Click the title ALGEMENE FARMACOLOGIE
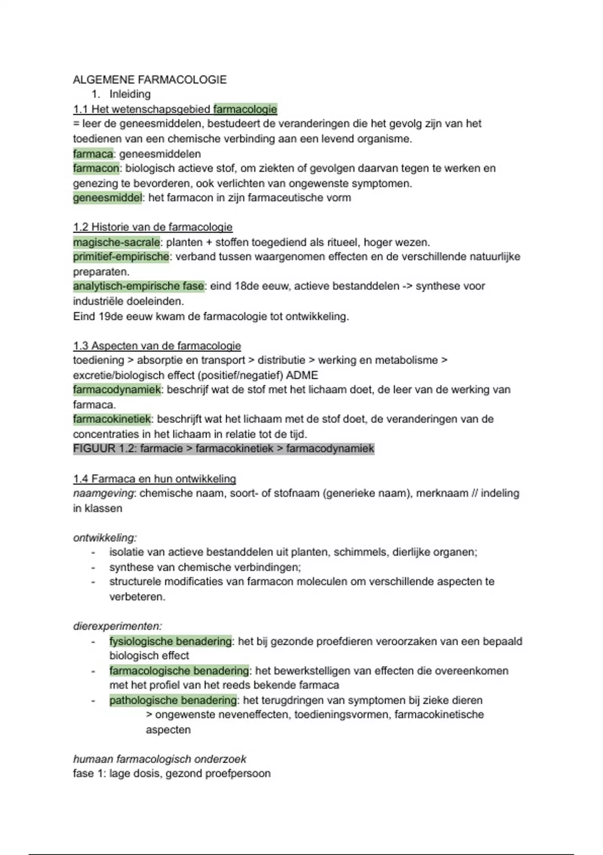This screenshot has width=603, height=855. tap(150, 79)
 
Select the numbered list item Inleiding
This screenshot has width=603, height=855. tap(130, 94)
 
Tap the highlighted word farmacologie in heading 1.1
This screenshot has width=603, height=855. tap(245, 109)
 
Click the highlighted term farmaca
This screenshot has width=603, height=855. tap(93, 154)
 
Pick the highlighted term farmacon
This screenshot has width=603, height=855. tap(96, 168)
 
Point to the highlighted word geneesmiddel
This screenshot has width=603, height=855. tap(108, 198)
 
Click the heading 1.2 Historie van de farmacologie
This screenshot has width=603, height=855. tap(153, 227)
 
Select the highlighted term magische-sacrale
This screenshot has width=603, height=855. tap(117, 242)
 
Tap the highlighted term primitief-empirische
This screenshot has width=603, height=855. tap(121, 257)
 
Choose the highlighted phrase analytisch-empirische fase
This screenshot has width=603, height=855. tap(139, 286)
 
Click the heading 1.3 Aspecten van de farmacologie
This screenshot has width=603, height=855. tap(157, 346)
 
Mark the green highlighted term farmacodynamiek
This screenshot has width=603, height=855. tap(117, 390)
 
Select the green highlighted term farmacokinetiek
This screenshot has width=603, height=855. tap(112, 419)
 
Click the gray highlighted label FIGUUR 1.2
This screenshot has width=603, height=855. tap(104, 449)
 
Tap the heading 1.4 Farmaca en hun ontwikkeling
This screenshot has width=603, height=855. tap(154, 479)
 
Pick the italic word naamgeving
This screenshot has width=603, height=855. tap(103, 493)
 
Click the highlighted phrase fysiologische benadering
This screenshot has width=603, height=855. tap(170, 641)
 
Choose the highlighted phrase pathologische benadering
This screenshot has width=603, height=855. tap(173, 700)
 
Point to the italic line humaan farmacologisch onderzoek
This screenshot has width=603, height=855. tap(160, 759)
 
